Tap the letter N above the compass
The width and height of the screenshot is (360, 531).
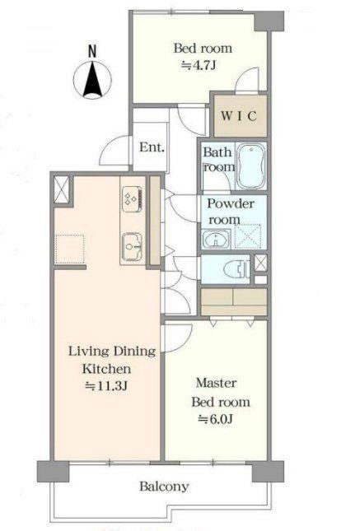[x=92, y=51]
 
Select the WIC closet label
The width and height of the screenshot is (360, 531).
[x=239, y=116]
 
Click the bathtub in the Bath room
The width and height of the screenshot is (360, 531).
[x=251, y=166]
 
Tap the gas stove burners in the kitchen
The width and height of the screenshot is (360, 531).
[x=132, y=199]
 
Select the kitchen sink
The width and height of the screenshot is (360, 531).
[x=132, y=246]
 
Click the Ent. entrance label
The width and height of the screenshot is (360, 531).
[x=152, y=147]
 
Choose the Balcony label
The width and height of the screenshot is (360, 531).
[x=164, y=487]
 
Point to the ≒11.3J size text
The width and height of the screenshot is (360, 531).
[x=106, y=385]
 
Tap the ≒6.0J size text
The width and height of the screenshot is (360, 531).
[x=216, y=419]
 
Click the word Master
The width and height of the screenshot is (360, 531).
[x=217, y=383]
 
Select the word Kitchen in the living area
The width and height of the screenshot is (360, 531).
[x=106, y=369]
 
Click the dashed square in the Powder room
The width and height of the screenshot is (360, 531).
[x=248, y=237]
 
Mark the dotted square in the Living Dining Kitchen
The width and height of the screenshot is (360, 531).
[x=69, y=249]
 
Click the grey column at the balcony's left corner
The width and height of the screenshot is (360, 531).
[x=53, y=471]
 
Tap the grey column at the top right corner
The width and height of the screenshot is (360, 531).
[x=269, y=21]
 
